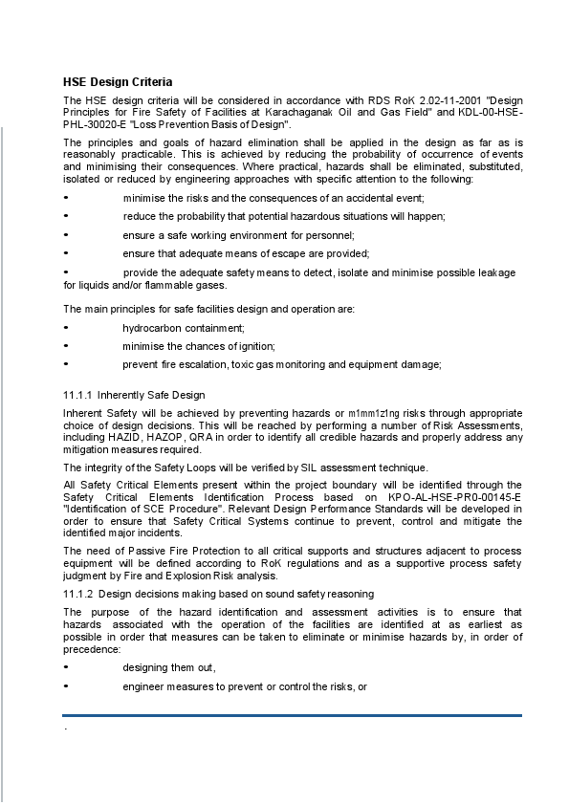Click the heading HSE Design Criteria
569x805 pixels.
(x=118, y=81)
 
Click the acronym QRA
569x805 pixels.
(x=202, y=437)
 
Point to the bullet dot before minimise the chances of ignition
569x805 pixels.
(x=66, y=346)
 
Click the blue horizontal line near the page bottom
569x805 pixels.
(x=292, y=714)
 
